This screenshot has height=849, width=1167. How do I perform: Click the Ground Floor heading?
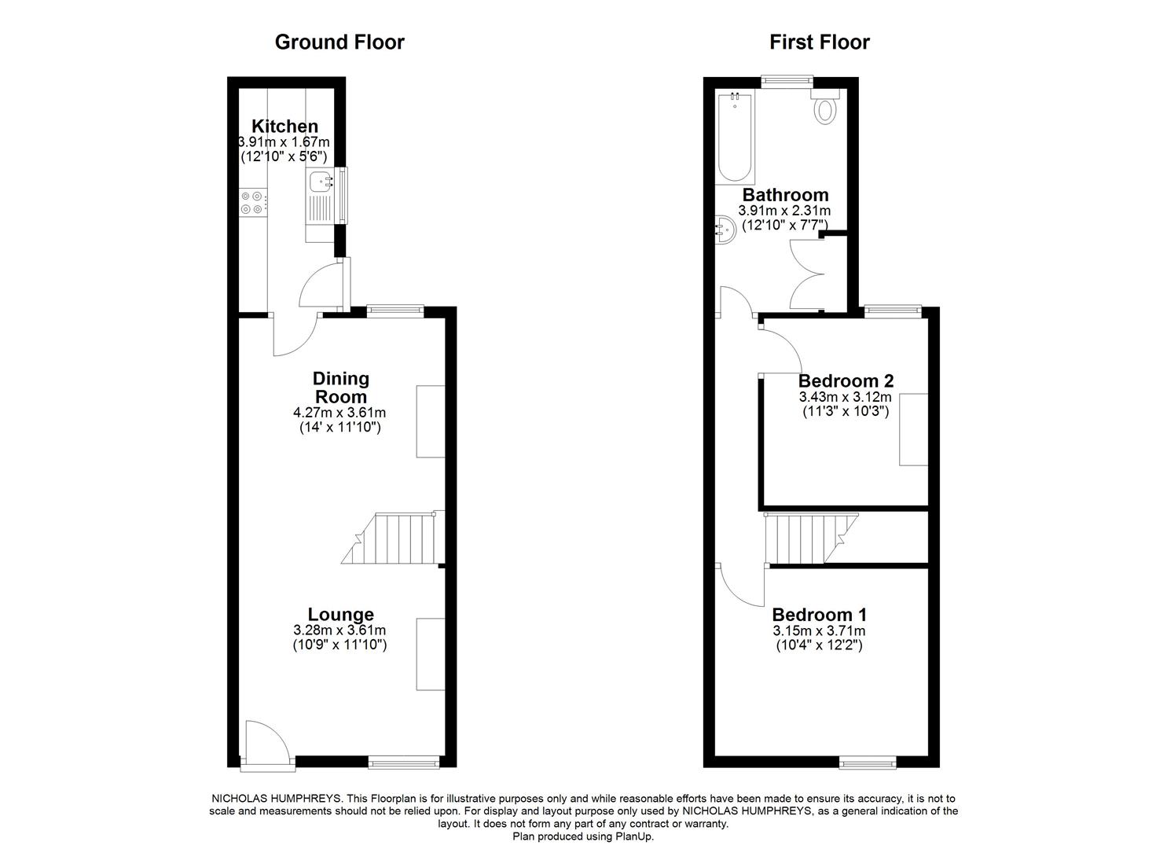point(339,42)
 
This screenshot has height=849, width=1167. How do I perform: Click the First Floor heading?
point(819,42)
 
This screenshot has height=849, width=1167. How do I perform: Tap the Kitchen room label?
point(284,126)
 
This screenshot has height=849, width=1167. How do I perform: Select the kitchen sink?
point(321,183)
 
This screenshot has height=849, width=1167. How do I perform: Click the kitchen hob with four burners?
point(252,203)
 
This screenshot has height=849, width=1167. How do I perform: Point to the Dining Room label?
point(340,388)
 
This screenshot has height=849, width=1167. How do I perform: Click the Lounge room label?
point(340,615)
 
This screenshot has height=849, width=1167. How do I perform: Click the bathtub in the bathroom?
point(735,138)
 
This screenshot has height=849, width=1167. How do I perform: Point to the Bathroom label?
point(785,195)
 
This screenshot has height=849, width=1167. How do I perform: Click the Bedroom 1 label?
point(820,615)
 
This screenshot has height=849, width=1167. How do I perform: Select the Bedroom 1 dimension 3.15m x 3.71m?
point(820,631)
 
